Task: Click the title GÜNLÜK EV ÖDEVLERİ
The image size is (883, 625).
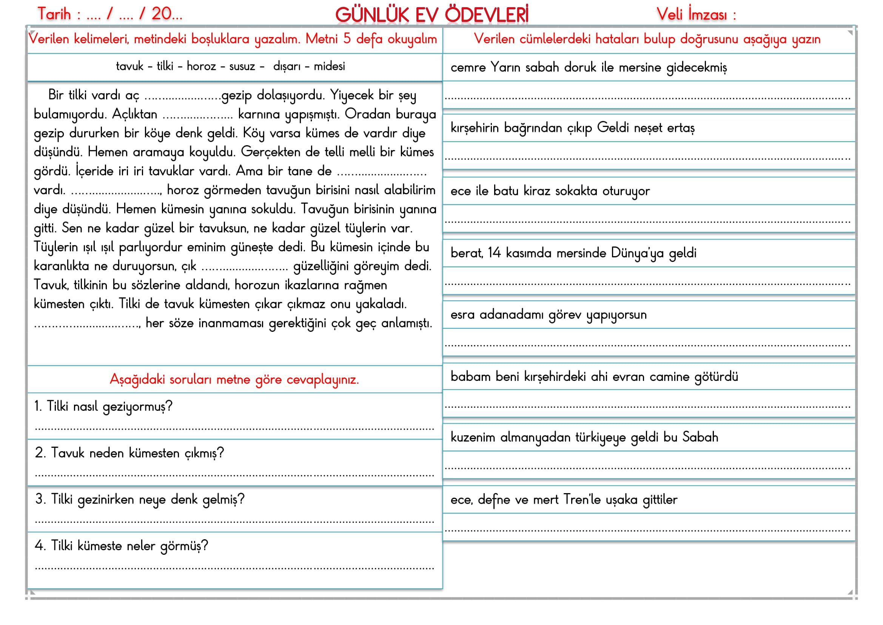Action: coord(431,15)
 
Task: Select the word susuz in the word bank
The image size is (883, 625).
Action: coord(242,67)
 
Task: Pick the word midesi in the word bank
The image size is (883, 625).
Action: coord(329,67)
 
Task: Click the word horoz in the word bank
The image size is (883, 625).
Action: coord(201,67)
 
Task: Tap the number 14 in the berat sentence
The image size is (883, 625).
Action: coord(494,253)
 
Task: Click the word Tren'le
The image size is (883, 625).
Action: coord(582,500)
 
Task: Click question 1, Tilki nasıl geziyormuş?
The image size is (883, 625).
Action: coord(104,407)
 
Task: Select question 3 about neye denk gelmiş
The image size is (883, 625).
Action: coord(140,500)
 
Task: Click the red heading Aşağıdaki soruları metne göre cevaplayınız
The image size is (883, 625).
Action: coord(234,380)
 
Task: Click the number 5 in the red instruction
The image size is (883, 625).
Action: coord(347,39)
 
